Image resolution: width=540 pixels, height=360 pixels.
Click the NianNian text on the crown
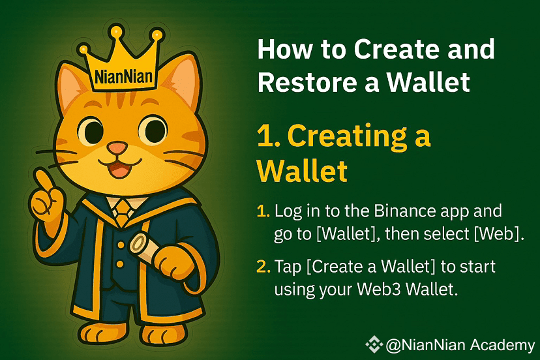[x=123, y=76]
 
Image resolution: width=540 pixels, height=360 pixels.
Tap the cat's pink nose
[x=117, y=148]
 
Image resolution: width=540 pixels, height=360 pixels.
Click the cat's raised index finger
[x=44, y=179]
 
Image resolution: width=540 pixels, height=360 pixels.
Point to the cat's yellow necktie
[x=122, y=212]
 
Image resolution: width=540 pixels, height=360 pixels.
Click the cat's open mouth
[x=119, y=168]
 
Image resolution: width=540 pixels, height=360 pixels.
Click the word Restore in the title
[x=306, y=82]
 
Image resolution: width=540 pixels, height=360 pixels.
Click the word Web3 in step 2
[x=379, y=289]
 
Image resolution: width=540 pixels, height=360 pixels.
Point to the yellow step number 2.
[x=263, y=267]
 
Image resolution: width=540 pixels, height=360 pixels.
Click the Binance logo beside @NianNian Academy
[x=374, y=344]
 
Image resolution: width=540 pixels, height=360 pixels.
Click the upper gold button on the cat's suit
[x=121, y=245]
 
